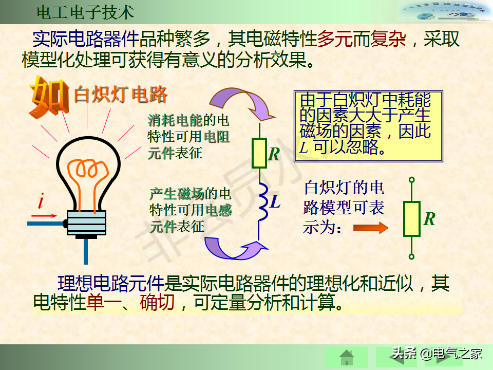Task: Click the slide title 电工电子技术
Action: [x=85, y=12]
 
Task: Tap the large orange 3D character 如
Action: [x=49, y=96]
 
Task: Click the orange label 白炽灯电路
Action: [x=120, y=95]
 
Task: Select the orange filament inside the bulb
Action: [x=88, y=182]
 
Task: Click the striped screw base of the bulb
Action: [x=86, y=223]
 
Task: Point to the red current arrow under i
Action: [x=44, y=216]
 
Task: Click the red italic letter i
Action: [x=41, y=201]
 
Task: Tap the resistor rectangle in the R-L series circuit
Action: [x=259, y=153]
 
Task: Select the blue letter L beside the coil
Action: [x=275, y=201]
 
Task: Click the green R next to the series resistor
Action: [x=274, y=154]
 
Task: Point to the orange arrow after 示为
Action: [x=371, y=228]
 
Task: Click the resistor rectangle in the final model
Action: [x=411, y=219]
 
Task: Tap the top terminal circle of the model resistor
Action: [x=411, y=180]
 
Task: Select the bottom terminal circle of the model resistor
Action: [x=411, y=257]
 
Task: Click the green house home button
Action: [x=347, y=358]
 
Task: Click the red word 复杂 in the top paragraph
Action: [x=388, y=39]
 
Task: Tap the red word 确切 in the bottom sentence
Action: [x=157, y=302]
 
